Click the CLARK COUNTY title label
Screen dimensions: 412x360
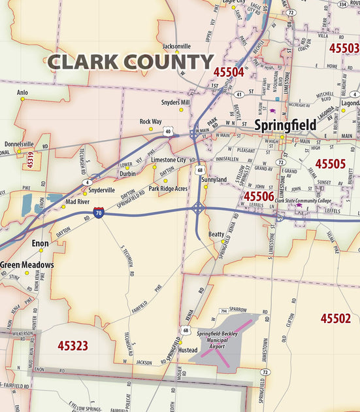point(131,63)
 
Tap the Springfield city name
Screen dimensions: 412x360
point(286,125)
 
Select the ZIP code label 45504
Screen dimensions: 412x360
point(228,73)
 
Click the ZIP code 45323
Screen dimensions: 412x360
point(73,345)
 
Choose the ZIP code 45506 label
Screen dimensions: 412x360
point(259,196)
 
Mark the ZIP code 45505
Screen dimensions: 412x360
point(330,163)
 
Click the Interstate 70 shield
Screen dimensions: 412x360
point(98,213)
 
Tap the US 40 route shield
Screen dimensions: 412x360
point(169,131)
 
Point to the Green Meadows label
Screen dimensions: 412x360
point(27,265)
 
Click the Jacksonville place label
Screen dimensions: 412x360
point(176,46)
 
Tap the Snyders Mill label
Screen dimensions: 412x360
point(175,103)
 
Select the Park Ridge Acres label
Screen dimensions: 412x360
point(168,188)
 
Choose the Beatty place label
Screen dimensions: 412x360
point(216,233)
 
